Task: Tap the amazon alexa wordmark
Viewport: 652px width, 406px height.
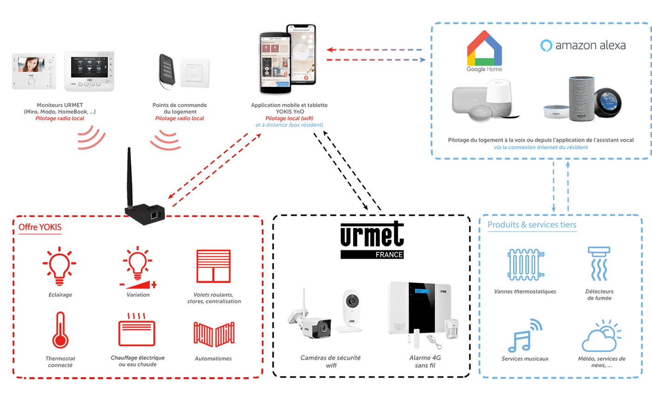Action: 583,45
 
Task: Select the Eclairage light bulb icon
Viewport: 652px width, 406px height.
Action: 60,266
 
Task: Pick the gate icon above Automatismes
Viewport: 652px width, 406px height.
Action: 214,334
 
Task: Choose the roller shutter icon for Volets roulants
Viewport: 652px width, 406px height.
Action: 213,267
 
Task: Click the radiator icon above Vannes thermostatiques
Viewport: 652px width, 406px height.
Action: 525,264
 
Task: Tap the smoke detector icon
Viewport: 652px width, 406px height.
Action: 598,264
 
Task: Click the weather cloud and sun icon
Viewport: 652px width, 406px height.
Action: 601,335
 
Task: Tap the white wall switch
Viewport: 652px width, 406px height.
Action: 195,72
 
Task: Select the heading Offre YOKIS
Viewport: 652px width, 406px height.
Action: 40,228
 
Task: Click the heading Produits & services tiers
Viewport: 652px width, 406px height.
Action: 532,225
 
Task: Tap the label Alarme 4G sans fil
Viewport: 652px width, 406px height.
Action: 425,361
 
